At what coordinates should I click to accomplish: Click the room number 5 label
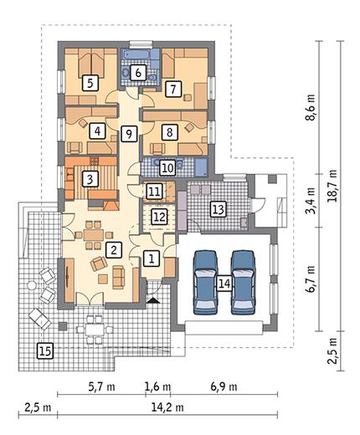[90, 83]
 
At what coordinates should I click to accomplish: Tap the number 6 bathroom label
[138, 73]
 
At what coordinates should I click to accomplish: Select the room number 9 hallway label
[129, 134]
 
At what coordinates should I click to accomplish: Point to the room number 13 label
[219, 209]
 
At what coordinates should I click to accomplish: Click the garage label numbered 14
[224, 284]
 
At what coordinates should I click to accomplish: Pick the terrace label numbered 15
[45, 351]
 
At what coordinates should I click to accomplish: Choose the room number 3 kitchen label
[90, 179]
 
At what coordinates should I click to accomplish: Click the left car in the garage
[206, 282]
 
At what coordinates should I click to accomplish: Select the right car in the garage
[243, 282]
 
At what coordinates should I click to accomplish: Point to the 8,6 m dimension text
[310, 107]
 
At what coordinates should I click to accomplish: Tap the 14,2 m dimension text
[167, 407]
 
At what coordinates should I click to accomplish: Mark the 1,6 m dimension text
[157, 386]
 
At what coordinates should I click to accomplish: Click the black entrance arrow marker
[153, 300]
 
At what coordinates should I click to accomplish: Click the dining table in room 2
[94, 235]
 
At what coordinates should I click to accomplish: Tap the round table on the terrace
[32, 285]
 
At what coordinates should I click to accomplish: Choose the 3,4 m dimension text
[310, 201]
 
